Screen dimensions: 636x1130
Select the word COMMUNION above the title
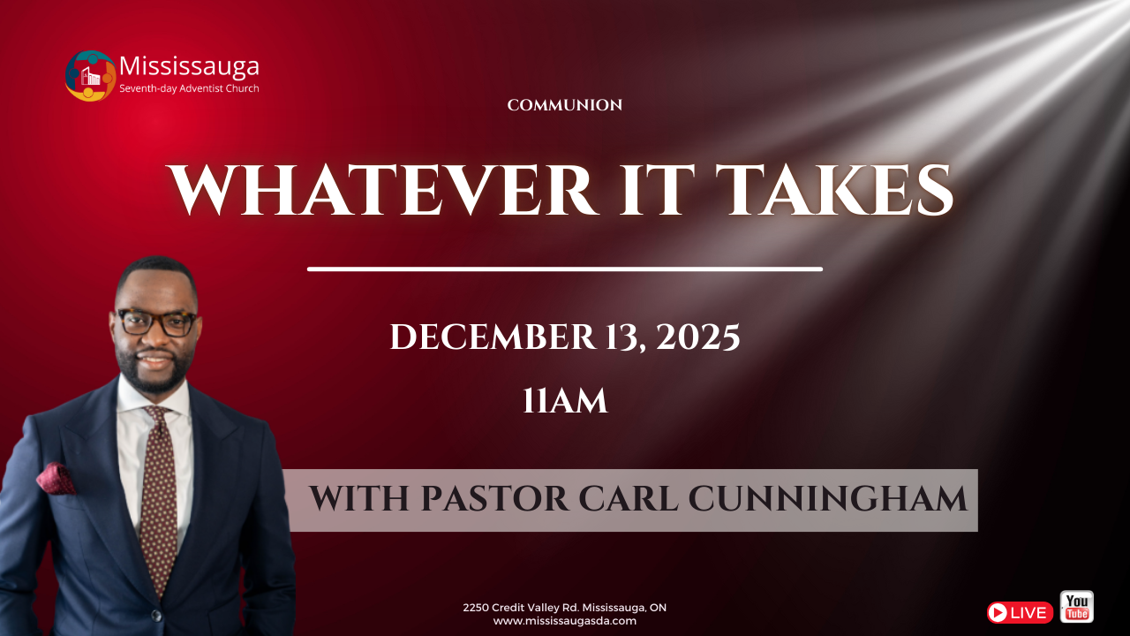(x=565, y=105)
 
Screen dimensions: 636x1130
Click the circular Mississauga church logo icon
(x=90, y=76)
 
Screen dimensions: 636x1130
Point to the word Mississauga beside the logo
(x=189, y=66)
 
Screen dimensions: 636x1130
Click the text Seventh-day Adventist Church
(x=189, y=88)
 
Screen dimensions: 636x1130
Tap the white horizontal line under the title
(x=565, y=269)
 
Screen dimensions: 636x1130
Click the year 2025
(x=698, y=337)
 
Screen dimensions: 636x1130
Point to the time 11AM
(x=565, y=401)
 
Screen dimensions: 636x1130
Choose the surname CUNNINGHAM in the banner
(x=827, y=500)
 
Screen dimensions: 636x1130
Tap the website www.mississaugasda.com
(x=565, y=621)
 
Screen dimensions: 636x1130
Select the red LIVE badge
(x=1020, y=612)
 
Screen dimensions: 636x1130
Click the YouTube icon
(x=1076, y=607)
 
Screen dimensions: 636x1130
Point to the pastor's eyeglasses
(x=157, y=322)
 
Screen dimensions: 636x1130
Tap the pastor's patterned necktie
(x=159, y=495)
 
